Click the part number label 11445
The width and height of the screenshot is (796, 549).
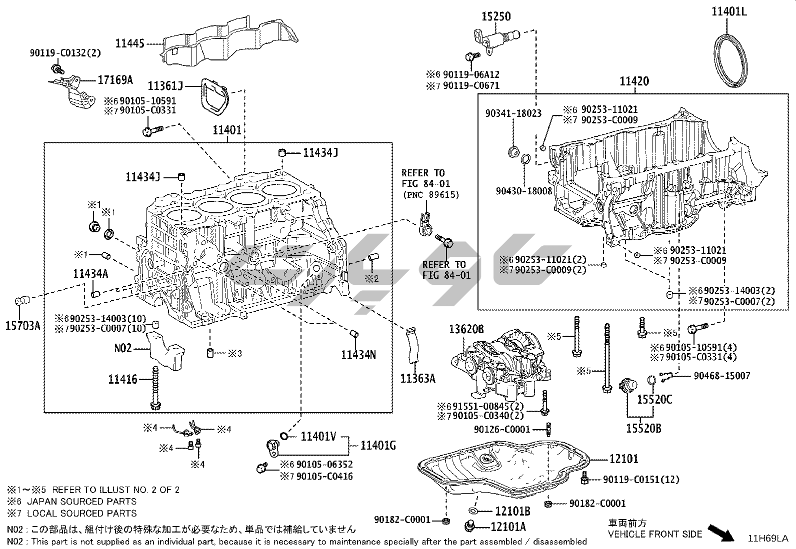tap(129, 43)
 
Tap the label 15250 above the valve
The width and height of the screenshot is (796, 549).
tap(496, 16)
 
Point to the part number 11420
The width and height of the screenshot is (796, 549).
tap(634, 81)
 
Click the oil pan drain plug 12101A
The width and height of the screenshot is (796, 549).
tap(470, 526)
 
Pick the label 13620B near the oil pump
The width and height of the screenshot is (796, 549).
tap(466, 329)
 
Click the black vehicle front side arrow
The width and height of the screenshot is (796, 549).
tap(720, 533)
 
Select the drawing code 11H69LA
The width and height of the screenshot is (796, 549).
tap(768, 539)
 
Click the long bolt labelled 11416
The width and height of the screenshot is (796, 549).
tap(155, 388)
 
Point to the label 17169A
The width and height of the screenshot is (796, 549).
tap(115, 80)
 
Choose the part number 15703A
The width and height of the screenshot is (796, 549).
tap(22, 325)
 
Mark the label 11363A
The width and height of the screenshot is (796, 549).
tap(417, 379)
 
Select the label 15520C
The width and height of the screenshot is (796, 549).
tap(654, 399)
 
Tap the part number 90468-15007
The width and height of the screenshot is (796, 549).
tap(721, 376)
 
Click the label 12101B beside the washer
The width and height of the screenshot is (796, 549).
tap(512, 511)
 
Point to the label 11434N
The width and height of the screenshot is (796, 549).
tap(358, 354)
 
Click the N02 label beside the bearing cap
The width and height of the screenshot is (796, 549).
tap(123, 348)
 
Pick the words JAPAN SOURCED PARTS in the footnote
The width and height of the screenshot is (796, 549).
tap(81, 502)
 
